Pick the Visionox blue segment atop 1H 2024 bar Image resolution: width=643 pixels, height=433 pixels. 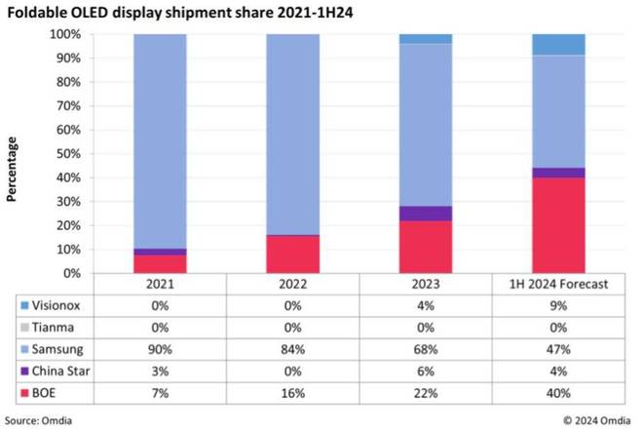point(558,45)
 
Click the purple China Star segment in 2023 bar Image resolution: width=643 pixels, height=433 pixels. point(425,214)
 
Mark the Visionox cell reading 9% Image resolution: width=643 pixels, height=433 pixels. point(558,305)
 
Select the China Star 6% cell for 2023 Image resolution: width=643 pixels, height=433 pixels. point(425,370)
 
